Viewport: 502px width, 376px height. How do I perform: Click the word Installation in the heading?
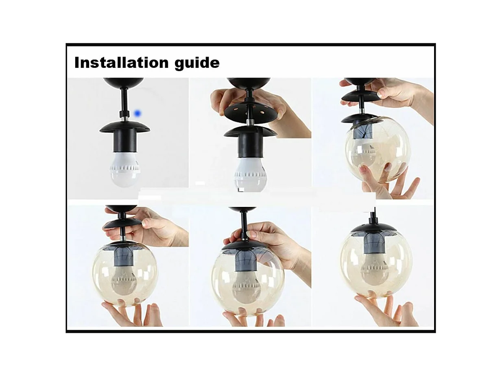coord(122,63)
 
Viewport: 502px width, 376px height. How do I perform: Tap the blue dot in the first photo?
coord(138,113)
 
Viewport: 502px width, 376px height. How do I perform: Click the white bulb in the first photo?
coord(124,169)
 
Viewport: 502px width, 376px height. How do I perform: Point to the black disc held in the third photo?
coord(360,96)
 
